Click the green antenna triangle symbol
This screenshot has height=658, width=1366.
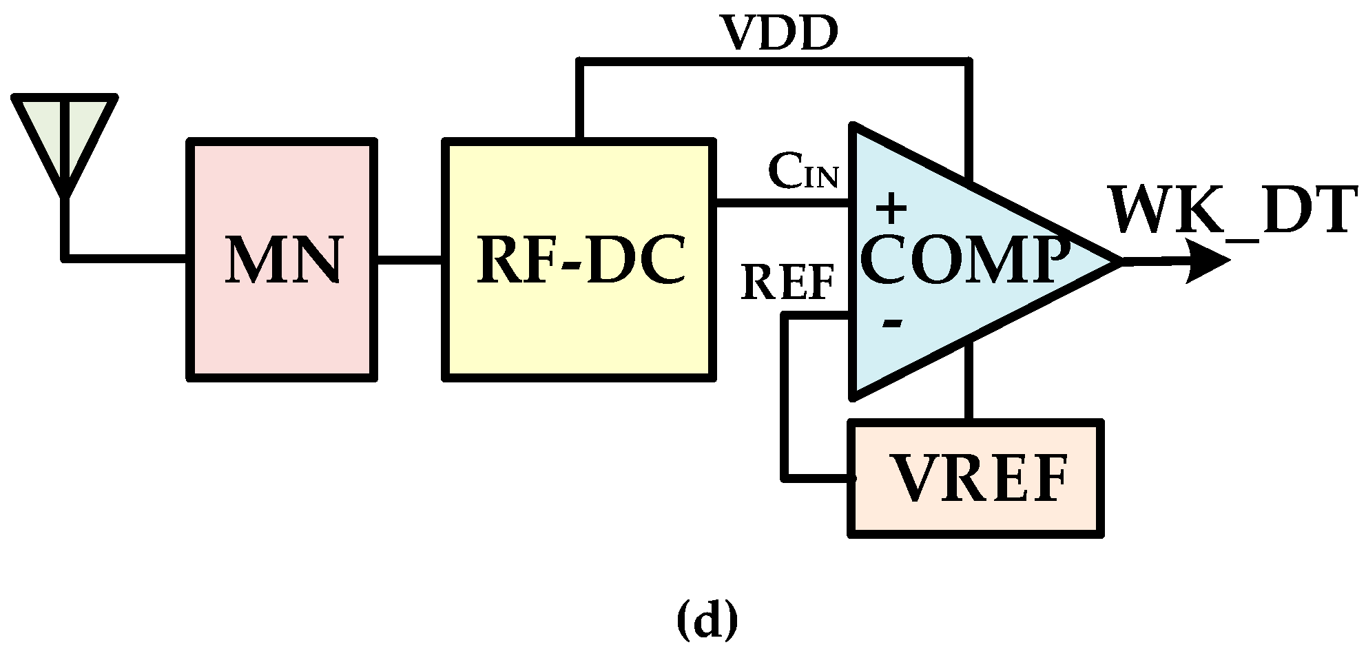click(65, 131)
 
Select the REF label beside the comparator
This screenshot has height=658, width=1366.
click(788, 283)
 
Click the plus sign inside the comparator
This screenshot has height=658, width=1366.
click(891, 208)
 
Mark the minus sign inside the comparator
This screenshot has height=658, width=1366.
click(891, 322)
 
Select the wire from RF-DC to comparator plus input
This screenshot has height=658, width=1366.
click(783, 203)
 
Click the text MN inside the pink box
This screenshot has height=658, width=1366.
click(282, 260)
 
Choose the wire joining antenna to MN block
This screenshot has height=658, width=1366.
click(124, 258)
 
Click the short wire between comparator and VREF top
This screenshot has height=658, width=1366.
click(969, 382)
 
